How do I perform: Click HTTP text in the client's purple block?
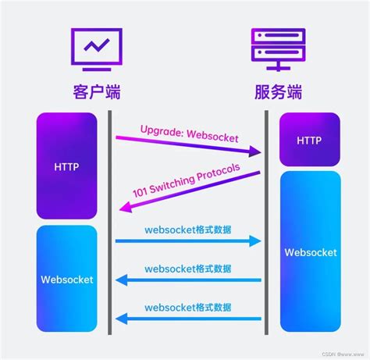pos(66,166)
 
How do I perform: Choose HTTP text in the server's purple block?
pos(310,139)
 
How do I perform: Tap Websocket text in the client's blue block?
pos(66,279)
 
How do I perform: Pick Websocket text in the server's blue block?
pos(310,252)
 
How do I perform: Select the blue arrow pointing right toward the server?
pos(187,242)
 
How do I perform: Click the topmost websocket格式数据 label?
pos(188,229)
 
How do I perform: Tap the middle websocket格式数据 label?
pos(188,268)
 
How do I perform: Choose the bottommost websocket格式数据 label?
pos(188,307)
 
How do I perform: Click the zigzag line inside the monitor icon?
pos(96,45)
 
